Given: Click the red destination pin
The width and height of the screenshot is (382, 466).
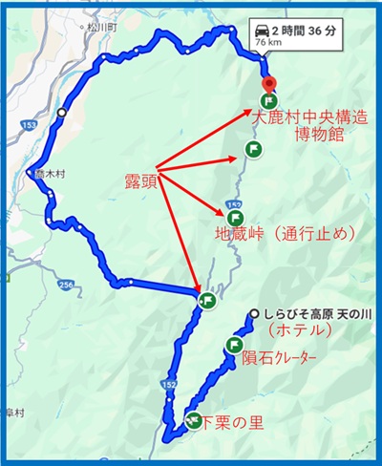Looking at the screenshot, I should pyautogui.click(x=268, y=83).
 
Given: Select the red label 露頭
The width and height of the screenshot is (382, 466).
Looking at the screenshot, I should pyautogui.click(x=139, y=179).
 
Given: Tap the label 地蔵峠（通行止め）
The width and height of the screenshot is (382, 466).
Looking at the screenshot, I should pyautogui.click(x=284, y=233).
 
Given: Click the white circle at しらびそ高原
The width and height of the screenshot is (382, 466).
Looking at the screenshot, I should pyautogui.click(x=253, y=314).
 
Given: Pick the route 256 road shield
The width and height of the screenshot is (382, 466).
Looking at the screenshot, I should pyautogui.click(x=65, y=286).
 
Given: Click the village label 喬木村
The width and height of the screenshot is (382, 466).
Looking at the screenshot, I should pyautogui.click(x=48, y=176).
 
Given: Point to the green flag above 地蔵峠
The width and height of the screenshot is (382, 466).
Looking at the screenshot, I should pyautogui.click(x=252, y=148).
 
